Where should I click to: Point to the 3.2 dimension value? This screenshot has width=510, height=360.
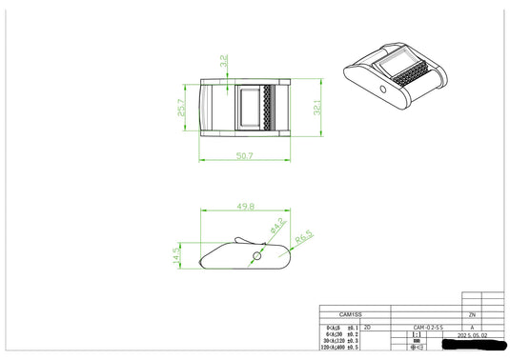click(223, 60)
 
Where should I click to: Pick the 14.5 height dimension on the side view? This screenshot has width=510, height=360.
click(176, 257)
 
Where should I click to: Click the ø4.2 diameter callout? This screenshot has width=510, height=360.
click(277, 227)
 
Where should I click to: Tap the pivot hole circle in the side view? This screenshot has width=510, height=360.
click(255, 257)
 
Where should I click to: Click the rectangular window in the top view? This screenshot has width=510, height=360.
click(252, 107)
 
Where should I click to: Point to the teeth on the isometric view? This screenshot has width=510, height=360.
click(417, 76)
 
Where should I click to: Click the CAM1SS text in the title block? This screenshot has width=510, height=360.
click(352, 314)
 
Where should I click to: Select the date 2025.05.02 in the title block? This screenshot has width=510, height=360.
click(472, 336)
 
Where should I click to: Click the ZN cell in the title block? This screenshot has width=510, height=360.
click(471, 314)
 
